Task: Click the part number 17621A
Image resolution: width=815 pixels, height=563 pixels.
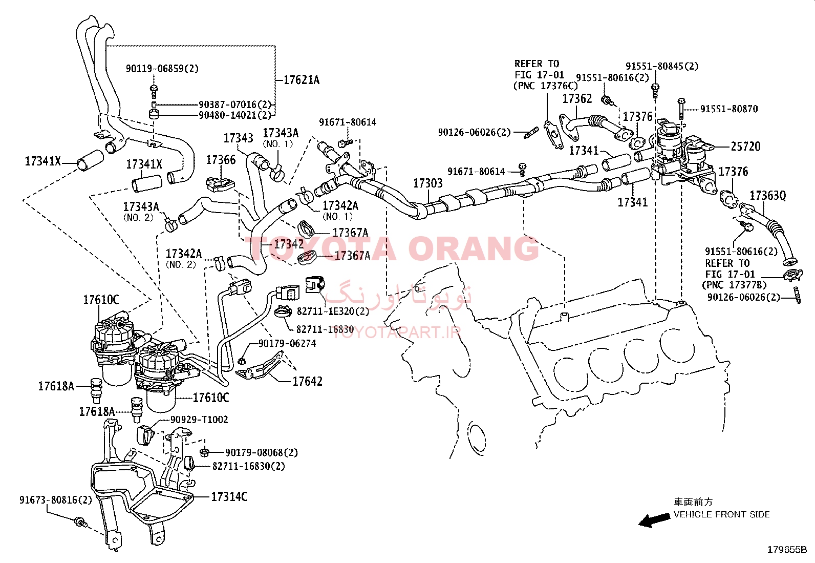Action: click(x=301, y=80)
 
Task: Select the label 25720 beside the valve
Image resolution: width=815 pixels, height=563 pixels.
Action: click(x=746, y=147)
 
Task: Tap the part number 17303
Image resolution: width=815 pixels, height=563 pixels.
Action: click(x=428, y=183)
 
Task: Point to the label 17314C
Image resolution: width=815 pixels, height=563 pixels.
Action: click(x=229, y=497)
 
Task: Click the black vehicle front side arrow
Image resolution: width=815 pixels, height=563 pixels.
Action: click(x=654, y=520)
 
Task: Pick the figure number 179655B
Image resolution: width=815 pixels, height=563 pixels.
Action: click(x=787, y=550)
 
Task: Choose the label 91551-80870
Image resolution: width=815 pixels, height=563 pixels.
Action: click(x=729, y=109)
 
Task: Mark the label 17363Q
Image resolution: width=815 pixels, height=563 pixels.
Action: click(x=768, y=196)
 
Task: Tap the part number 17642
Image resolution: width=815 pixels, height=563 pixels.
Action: click(x=308, y=381)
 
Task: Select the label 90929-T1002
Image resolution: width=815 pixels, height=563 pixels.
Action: click(x=199, y=420)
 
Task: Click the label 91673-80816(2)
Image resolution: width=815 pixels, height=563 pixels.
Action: click(x=56, y=500)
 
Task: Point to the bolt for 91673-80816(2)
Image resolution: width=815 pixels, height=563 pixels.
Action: click(x=80, y=522)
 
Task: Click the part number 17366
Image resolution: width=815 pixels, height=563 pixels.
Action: click(x=221, y=160)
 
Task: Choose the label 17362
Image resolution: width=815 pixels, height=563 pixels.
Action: click(x=577, y=99)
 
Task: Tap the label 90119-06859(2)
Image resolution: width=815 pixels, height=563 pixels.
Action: click(x=162, y=69)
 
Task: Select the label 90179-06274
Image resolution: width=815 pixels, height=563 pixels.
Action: click(x=287, y=343)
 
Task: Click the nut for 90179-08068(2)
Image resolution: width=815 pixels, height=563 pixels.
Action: click(x=204, y=453)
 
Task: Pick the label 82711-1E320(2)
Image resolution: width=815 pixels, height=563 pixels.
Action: click(x=333, y=311)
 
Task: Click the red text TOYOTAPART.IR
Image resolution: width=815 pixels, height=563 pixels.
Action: click(x=397, y=332)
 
